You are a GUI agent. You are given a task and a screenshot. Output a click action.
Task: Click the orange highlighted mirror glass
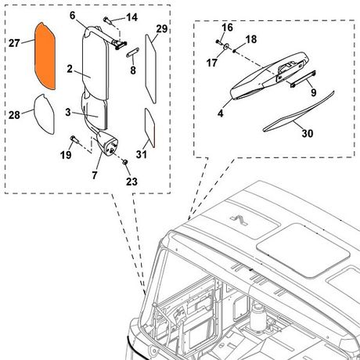[45, 56]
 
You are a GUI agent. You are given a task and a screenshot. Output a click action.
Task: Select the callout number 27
[14, 43]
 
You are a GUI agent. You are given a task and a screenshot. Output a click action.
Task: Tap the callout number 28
[14, 115]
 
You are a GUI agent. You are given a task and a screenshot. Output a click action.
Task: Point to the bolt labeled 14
[109, 21]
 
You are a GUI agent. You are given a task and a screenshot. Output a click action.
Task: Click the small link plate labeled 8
[132, 52]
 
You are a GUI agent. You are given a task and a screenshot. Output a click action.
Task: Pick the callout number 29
[162, 29]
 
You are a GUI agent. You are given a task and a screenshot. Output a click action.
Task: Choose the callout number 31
[142, 154]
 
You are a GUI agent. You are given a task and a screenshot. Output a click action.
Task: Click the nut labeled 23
[125, 162]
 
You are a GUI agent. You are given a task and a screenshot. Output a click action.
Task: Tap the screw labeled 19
[74, 140]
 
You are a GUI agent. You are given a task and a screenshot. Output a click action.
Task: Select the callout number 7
[95, 175]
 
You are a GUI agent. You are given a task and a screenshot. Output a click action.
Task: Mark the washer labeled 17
[226, 47]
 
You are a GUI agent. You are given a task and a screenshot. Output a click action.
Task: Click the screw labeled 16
[218, 41]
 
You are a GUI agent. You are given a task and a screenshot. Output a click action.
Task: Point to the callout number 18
[251, 39]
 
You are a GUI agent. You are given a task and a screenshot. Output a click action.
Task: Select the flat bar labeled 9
[303, 78]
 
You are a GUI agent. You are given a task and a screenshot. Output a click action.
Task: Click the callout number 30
[308, 133]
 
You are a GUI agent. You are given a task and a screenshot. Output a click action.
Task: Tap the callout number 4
[221, 113]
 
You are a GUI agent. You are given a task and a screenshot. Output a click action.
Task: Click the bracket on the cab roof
[239, 221]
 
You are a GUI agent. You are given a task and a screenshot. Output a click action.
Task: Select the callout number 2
[70, 69]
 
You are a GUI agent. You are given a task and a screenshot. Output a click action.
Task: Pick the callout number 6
[72, 16]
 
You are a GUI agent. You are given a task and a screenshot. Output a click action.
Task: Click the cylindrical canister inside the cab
[258, 317]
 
